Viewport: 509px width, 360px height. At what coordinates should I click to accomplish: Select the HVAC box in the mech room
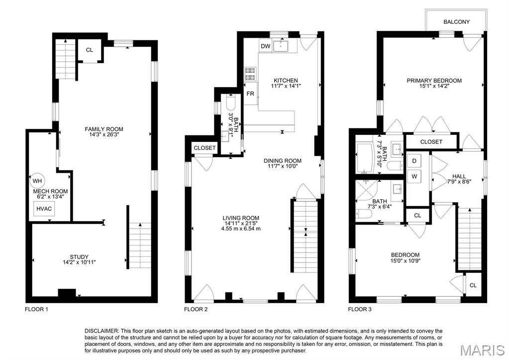point(44,209)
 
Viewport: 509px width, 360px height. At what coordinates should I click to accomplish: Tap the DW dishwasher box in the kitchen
point(265,47)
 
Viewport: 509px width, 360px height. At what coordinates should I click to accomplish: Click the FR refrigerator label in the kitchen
point(250,94)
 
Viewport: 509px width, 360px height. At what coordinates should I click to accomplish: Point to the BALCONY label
point(456,22)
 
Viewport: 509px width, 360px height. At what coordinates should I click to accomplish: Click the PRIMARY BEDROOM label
point(434,81)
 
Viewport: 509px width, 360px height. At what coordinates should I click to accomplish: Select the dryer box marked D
point(414,160)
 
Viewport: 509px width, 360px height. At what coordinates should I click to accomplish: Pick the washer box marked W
point(414,176)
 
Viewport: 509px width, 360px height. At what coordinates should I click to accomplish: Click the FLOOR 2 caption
point(196,309)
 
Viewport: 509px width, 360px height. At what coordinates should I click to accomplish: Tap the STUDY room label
point(73,256)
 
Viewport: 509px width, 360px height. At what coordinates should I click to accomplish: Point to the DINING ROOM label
point(283,161)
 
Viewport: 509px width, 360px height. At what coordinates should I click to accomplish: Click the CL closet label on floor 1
point(89,50)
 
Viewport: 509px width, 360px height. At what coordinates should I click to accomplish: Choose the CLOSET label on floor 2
point(204,148)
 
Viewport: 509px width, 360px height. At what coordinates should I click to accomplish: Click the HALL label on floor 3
point(459,176)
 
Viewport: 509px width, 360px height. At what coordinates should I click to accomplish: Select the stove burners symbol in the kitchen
point(250,74)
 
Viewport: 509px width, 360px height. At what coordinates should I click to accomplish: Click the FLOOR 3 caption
point(360,309)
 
